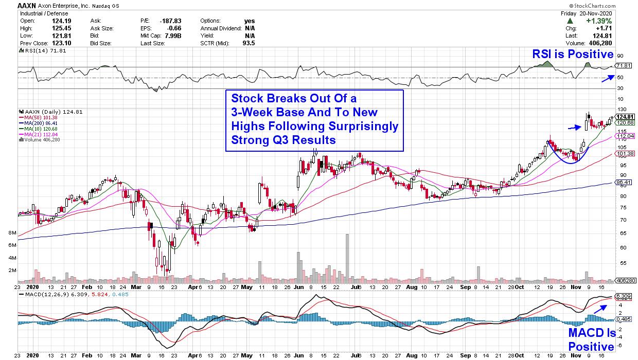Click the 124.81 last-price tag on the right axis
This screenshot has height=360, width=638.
(x=623, y=116)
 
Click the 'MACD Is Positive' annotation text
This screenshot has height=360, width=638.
(x=591, y=339)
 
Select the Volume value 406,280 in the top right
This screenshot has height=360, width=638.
(x=599, y=43)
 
